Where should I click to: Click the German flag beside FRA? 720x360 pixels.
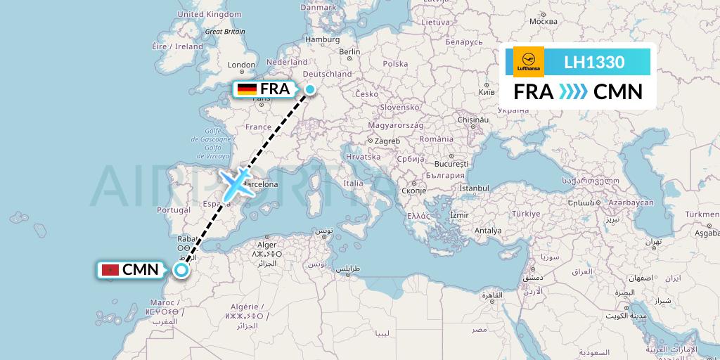247,89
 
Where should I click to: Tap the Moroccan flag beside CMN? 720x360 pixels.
110,269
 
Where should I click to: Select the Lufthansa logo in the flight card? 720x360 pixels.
529,62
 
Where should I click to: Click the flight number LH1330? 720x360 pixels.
594,62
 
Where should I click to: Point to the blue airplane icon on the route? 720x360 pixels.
236,183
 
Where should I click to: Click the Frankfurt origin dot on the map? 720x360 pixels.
310,89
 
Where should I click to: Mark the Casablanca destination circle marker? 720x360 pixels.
181,270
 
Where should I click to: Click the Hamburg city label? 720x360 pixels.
322,40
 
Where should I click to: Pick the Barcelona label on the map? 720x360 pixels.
259,185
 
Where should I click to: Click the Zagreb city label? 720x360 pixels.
387,141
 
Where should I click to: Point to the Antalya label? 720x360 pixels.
488,230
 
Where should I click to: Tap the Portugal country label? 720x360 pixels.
174,210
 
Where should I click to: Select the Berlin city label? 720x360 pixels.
349,51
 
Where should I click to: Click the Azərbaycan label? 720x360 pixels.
631,202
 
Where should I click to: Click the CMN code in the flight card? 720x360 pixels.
618,92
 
